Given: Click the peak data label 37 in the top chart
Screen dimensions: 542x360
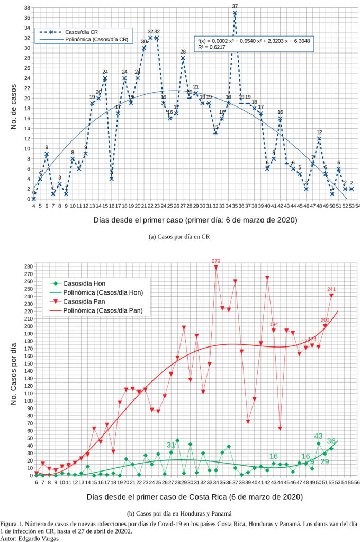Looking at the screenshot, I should [x=235, y=6].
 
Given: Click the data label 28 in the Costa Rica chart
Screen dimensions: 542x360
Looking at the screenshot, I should [x=183, y=51].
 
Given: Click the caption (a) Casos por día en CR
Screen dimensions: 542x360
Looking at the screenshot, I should [x=180, y=237].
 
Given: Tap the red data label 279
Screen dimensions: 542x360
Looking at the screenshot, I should [x=216, y=261].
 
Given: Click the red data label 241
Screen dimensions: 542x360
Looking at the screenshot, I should [x=331, y=289].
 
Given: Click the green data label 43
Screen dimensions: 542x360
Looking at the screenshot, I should [x=319, y=436].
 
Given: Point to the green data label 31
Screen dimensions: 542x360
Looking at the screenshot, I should [x=171, y=445].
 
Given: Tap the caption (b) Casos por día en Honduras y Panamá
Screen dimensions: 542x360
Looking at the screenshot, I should [x=180, y=513].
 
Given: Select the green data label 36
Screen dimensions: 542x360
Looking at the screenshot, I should [x=331, y=441].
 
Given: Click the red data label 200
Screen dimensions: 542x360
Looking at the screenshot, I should [x=325, y=320].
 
